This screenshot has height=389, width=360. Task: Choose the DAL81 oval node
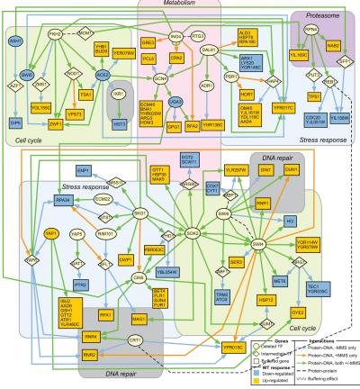point(211,51)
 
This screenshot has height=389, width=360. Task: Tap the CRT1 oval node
point(135,339)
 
